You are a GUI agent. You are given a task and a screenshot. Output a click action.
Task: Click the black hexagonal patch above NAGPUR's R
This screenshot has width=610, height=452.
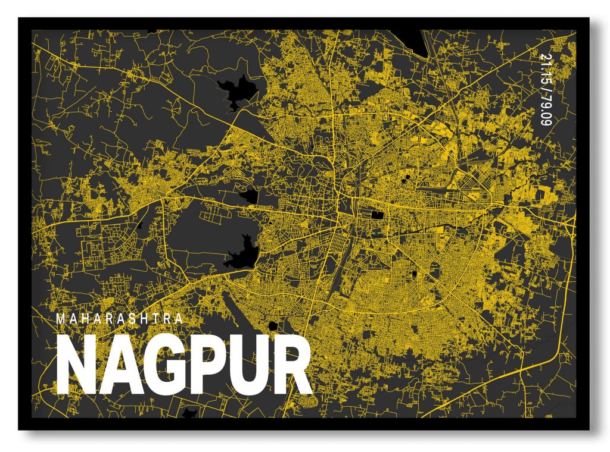[x=273, y=325]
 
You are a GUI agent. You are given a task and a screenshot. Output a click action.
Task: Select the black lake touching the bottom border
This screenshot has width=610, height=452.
[x=191, y=412]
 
